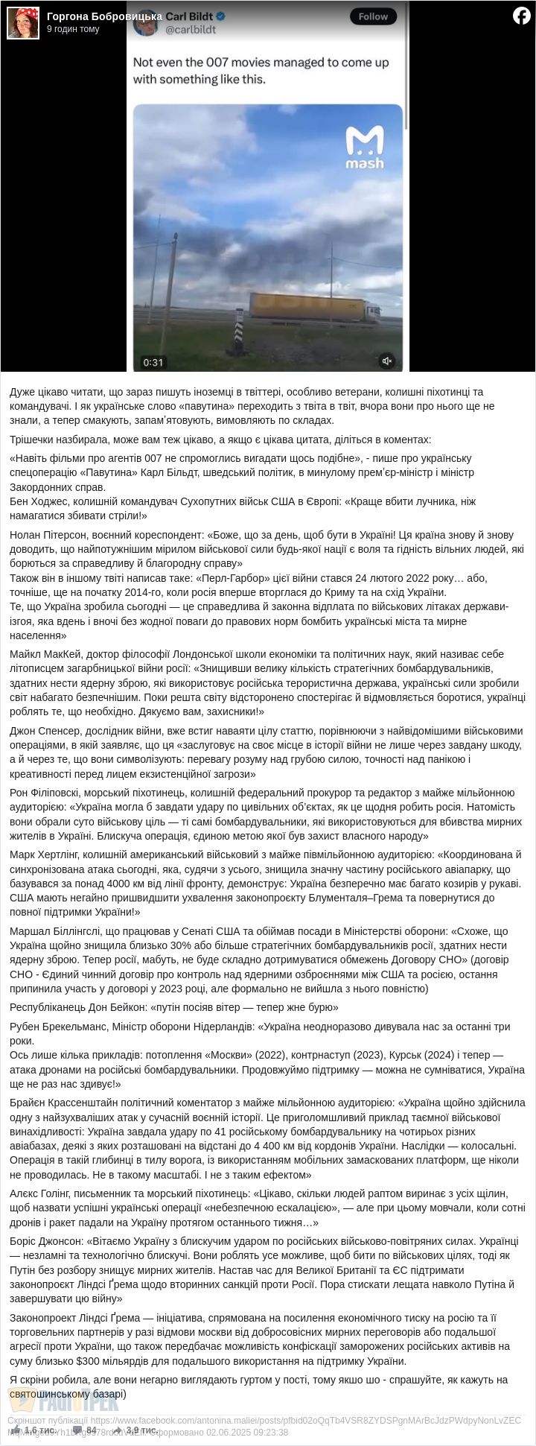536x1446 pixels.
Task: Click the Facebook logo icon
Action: [521, 16]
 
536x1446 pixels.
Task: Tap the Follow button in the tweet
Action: [373, 16]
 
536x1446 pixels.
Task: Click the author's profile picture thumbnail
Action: [23, 23]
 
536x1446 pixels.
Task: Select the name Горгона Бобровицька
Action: [104, 16]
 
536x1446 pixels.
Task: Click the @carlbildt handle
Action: [190, 30]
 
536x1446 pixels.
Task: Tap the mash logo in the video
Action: [365, 148]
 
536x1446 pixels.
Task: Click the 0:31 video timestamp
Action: [153, 362]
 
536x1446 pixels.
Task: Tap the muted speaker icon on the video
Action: [386, 361]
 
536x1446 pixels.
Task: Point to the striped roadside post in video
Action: [240, 332]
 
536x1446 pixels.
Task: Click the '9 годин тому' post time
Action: [73, 29]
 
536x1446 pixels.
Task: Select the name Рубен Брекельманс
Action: [57, 1027]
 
